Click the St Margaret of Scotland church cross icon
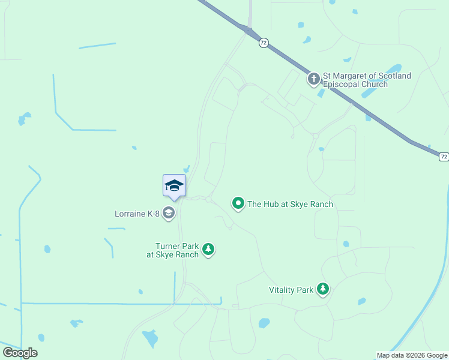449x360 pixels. [x=313, y=79]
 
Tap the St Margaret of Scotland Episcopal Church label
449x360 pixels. [x=367, y=80]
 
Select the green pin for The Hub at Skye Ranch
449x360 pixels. [x=238, y=204]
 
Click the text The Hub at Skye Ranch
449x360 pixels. [x=290, y=205]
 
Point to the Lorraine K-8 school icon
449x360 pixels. [x=170, y=213]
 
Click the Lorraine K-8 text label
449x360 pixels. [x=137, y=214]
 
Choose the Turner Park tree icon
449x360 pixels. [x=208, y=249]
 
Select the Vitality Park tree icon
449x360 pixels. [x=324, y=289]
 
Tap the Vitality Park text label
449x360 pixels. [x=291, y=290]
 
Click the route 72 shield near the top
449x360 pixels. [x=264, y=43]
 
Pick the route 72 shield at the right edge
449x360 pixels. [x=443, y=157]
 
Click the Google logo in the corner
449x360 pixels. [x=20, y=353]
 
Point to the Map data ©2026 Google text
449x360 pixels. [x=411, y=355]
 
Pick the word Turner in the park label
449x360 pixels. [x=169, y=246]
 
